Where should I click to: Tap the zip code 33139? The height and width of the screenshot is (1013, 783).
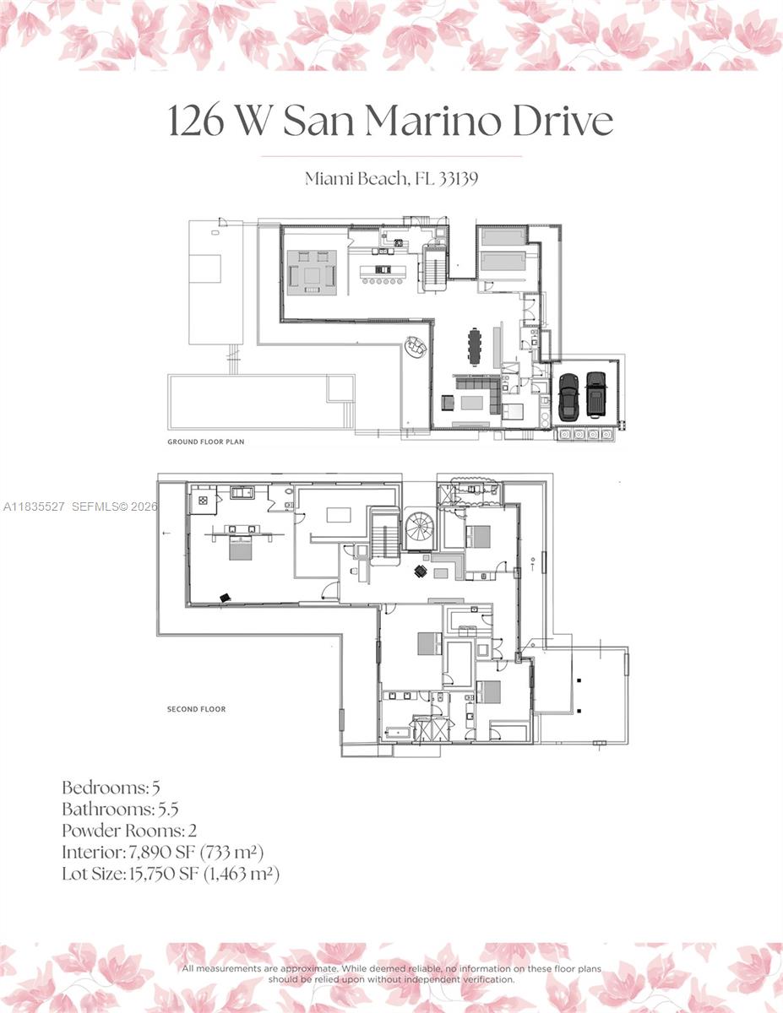click(x=457, y=178)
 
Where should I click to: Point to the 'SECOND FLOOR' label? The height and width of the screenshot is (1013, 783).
click(x=196, y=709)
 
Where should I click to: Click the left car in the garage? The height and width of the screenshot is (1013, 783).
click(x=568, y=395)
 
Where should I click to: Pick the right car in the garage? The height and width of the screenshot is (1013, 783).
click(x=596, y=394)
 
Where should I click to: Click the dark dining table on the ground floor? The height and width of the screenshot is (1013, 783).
click(x=475, y=346)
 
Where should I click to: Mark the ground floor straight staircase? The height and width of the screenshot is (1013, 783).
click(x=435, y=268)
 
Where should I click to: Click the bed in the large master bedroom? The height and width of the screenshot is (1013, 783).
click(x=240, y=546)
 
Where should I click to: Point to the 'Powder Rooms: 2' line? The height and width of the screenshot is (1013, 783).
click(x=129, y=830)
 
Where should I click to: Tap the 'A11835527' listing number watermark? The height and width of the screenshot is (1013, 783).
click(x=34, y=506)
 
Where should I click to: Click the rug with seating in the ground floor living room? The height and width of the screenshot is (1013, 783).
click(x=313, y=272)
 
